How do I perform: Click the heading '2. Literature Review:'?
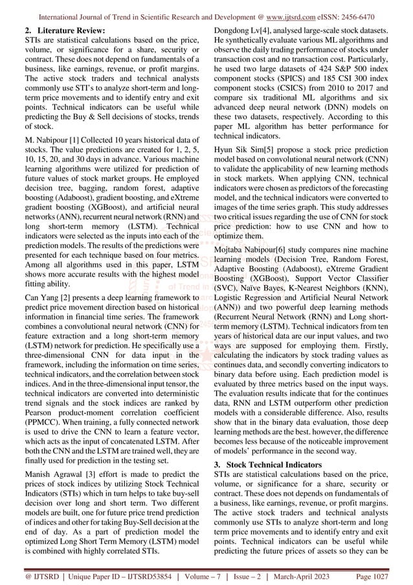[x=61, y=30]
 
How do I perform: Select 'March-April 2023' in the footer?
[x=313, y=575]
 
